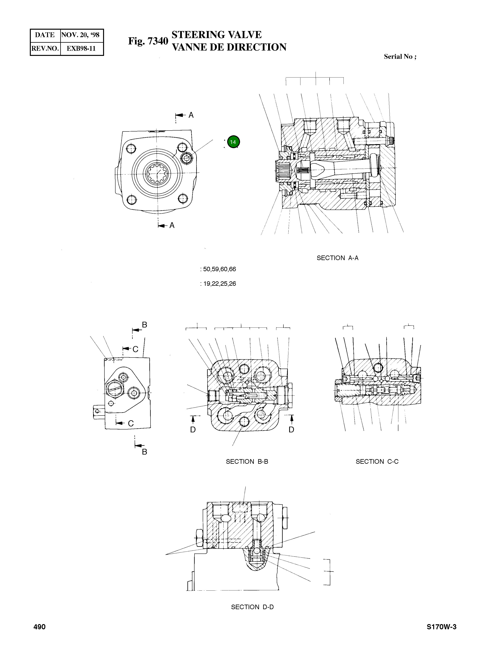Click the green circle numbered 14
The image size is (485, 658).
pyautogui.click(x=233, y=142)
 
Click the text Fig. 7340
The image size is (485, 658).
pyautogui.click(x=148, y=41)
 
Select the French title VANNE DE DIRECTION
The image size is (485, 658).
pyautogui.click(x=229, y=47)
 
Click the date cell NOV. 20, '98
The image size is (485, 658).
pyautogui.click(x=81, y=35)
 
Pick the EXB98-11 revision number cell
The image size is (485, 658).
pyautogui.click(x=81, y=48)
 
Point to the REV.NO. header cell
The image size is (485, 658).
pyautogui.click(x=45, y=48)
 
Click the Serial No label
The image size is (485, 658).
pyautogui.click(x=400, y=57)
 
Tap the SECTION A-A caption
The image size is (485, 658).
pyautogui.click(x=337, y=258)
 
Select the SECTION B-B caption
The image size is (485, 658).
pyautogui.click(x=247, y=461)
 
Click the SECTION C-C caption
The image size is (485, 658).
pyautogui.click(x=377, y=461)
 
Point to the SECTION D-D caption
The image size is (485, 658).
pyautogui.click(x=252, y=607)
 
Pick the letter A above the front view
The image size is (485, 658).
pyautogui.click(x=191, y=115)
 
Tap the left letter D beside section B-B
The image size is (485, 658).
pyautogui.click(x=193, y=430)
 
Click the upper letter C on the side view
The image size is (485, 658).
pyautogui.click(x=135, y=349)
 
